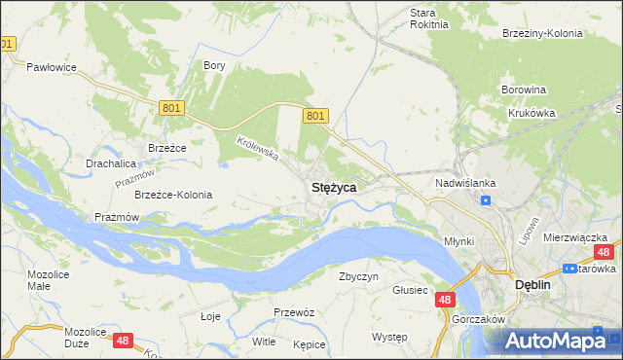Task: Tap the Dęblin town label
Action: (531, 285)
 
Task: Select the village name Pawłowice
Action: (51, 67)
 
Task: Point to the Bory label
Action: (214, 65)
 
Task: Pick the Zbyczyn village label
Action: (358, 276)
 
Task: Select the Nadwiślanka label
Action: (465, 182)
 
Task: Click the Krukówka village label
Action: (531, 113)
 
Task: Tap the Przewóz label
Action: (293, 312)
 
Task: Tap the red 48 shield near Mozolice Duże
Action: (122, 341)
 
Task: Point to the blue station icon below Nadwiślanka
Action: (485, 200)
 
